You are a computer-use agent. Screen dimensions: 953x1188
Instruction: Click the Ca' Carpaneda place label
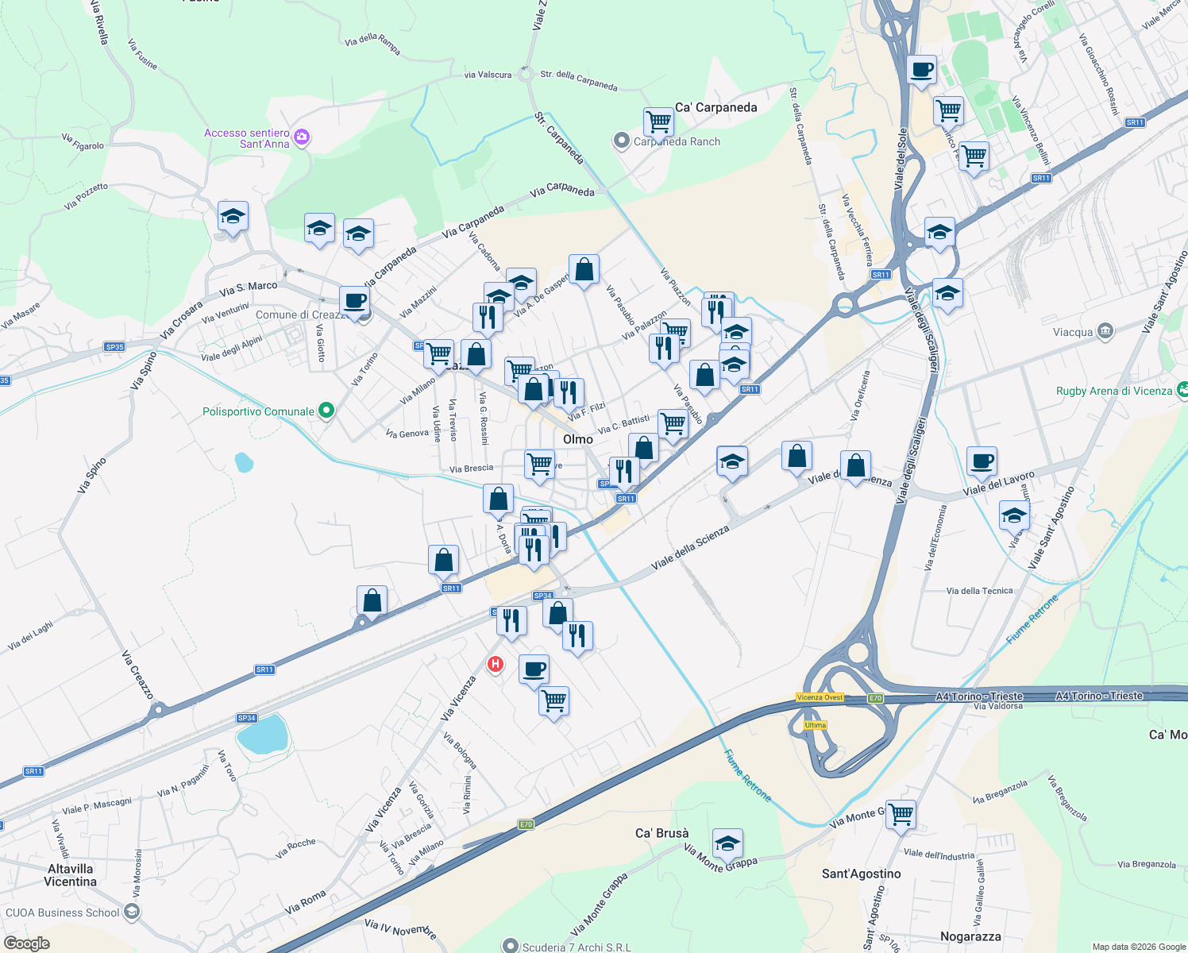click(x=715, y=107)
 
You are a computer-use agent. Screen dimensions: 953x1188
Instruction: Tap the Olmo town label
click(x=577, y=439)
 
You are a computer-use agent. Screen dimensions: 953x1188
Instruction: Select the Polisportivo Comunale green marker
click(x=326, y=411)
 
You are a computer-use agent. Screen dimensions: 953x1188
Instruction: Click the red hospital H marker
click(x=496, y=664)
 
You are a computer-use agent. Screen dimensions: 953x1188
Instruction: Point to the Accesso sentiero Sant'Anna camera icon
click(x=301, y=137)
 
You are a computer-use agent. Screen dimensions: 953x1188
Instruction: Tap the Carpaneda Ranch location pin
click(x=621, y=141)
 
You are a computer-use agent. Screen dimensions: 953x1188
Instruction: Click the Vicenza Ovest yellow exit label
click(x=820, y=697)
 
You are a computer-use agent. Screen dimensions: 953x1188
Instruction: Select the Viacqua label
click(x=1073, y=332)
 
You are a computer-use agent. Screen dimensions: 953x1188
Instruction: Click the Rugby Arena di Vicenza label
click(x=1113, y=391)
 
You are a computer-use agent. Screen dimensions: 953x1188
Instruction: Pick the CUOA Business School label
click(x=63, y=912)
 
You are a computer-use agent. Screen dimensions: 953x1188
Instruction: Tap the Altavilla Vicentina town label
click(x=70, y=875)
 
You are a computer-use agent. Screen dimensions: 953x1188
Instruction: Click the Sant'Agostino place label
click(x=861, y=874)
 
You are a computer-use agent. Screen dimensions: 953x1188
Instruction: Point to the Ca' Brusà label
click(x=661, y=833)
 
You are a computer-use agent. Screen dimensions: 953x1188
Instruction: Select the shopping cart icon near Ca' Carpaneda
click(x=658, y=122)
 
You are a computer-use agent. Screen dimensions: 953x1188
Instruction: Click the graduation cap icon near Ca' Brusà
click(x=727, y=844)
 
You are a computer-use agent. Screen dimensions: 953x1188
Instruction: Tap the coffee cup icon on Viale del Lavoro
click(x=982, y=461)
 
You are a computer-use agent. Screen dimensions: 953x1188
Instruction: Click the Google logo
click(x=26, y=943)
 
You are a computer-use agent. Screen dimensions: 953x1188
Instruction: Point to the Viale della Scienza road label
click(x=689, y=547)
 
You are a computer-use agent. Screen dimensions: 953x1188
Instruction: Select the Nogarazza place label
click(x=970, y=936)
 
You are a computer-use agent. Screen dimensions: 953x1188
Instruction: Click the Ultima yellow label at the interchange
click(x=815, y=725)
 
